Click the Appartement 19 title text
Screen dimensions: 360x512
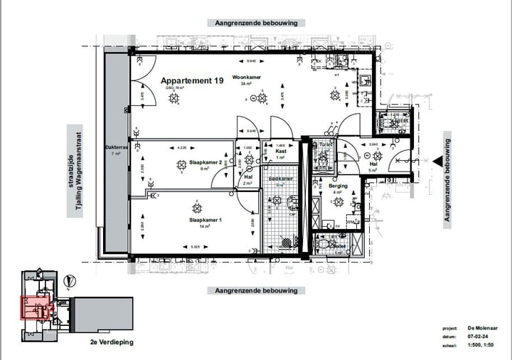pyautogui.click(x=192, y=81)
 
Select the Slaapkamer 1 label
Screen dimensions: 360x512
pyautogui.click(x=206, y=221)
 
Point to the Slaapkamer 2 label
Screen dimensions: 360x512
pyautogui.click(x=195, y=162)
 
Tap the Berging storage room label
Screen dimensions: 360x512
pyautogui.click(x=338, y=186)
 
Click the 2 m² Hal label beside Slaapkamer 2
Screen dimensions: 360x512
pyautogui.click(x=248, y=177)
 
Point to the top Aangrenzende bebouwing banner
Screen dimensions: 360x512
pyautogui.click(x=256, y=23)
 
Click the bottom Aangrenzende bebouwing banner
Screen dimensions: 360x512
pyautogui.click(x=256, y=290)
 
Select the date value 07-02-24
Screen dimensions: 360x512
pyautogui.click(x=476, y=337)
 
